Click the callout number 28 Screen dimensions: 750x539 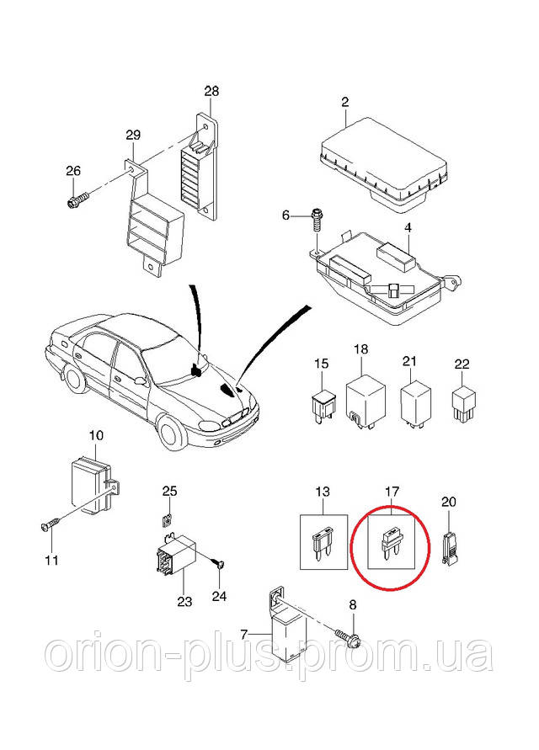click(x=211, y=91)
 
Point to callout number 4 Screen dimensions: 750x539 click(x=408, y=227)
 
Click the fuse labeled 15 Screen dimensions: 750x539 click(x=322, y=405)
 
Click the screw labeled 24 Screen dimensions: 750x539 click(x=217, y=565)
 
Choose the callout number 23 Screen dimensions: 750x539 click(x=184, y=601)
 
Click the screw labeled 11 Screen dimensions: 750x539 click(x=49, y=525)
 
